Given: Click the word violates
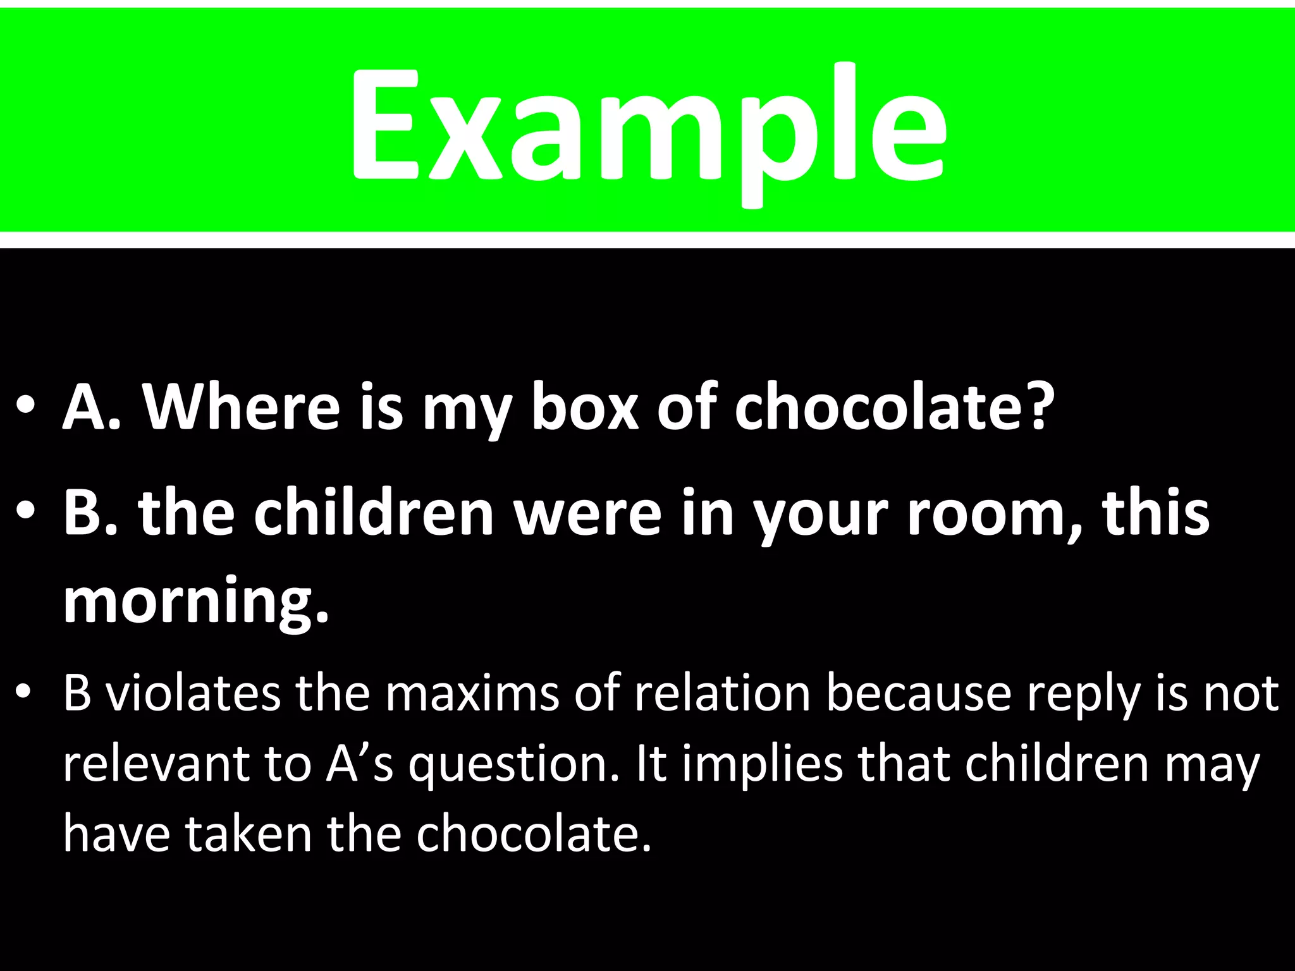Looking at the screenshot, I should (x=193, y=693).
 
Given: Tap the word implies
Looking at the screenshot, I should (x=763, y=765).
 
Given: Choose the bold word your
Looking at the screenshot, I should (x=822, y=515).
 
